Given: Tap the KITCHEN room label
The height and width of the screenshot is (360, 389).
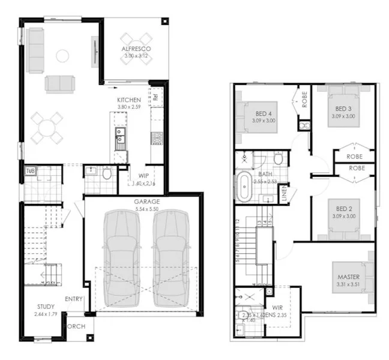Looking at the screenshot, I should (x=129, y=100).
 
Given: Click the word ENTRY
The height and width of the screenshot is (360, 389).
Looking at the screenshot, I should (x=74, y=299).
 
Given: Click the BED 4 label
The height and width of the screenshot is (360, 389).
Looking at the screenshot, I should (x=264, y=114).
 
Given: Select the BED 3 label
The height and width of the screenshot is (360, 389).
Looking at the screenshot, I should (x=343, y=109).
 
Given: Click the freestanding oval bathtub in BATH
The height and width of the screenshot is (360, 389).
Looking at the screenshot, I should (x=244, y=187).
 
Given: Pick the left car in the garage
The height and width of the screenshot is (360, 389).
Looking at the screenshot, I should (x=122, y=257).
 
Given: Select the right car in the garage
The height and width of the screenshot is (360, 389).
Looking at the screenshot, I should (x=170, y=257).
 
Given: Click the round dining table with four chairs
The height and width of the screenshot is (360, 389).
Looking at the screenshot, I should (x=47, y=128).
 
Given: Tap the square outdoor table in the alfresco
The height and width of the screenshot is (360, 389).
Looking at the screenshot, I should (x=136, y=48).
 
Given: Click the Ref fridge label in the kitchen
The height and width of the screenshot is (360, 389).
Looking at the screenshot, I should (x=155, y=95).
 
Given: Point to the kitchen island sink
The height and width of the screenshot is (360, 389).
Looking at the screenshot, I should (x=119, y=138).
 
